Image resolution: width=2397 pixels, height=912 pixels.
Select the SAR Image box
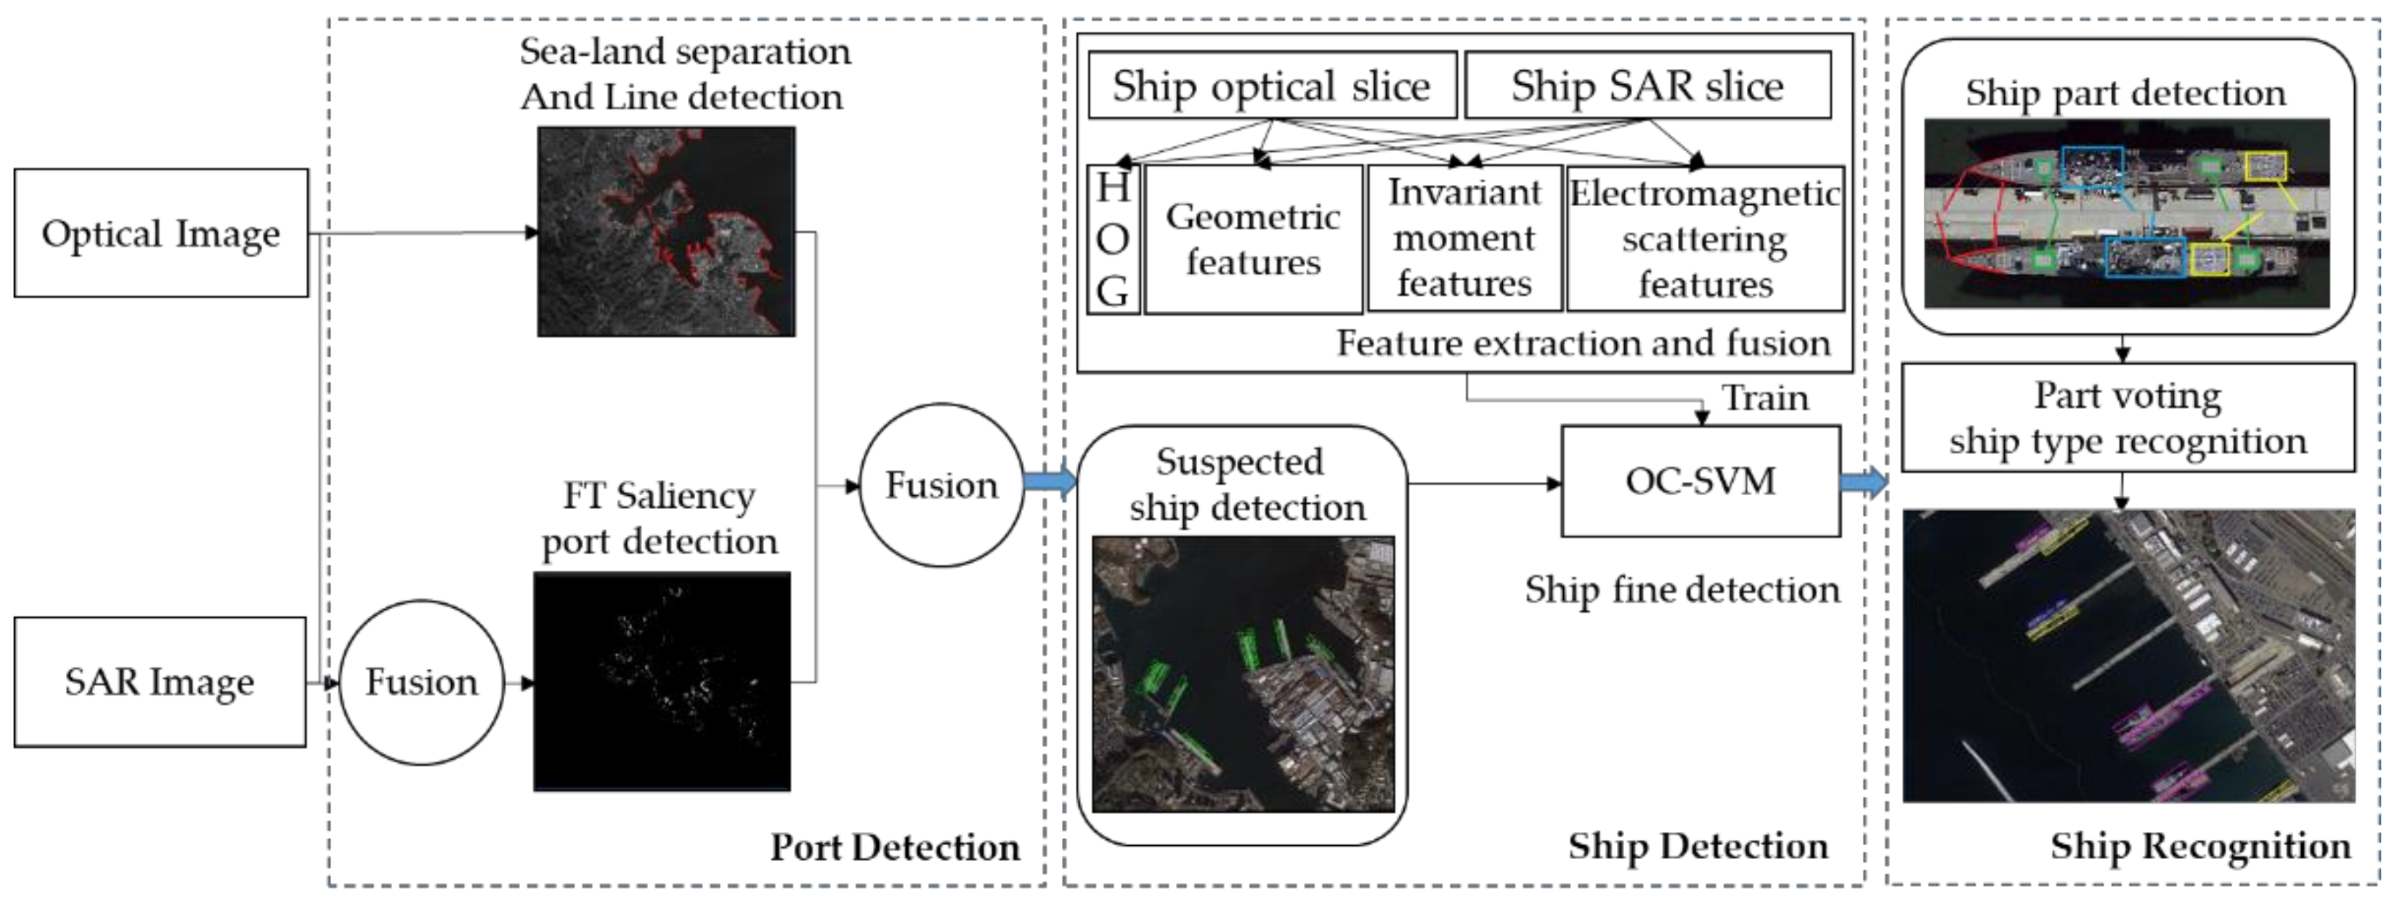(x=160, y=681)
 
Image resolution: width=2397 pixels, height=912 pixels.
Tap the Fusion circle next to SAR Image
(x=421, y=682)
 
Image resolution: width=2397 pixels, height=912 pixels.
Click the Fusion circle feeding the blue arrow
(x=941, y=485)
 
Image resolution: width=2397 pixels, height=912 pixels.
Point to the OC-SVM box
(x=1700, y=481)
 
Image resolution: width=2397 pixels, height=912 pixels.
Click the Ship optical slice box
(x=1272, y=86)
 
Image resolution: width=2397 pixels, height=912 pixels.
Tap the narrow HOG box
(x=1113, y=239)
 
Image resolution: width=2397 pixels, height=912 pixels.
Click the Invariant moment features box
(x=1464, y=238)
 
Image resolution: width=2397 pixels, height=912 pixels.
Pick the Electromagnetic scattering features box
(x=1705, y=239)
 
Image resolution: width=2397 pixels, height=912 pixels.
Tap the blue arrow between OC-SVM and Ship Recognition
(x=1864, y=483)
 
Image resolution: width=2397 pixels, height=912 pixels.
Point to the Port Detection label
(x=894, y=847)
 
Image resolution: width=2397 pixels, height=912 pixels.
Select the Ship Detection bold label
(x=1698, y=846)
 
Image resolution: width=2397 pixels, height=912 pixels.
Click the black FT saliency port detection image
(x=662, y=682)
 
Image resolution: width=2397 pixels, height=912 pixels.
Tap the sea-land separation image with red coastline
(x=666, y=232)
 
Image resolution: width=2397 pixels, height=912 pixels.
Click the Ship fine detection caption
(x=1682, y=589)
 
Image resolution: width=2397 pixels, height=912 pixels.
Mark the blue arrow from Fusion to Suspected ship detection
(x=1050, y=482)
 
